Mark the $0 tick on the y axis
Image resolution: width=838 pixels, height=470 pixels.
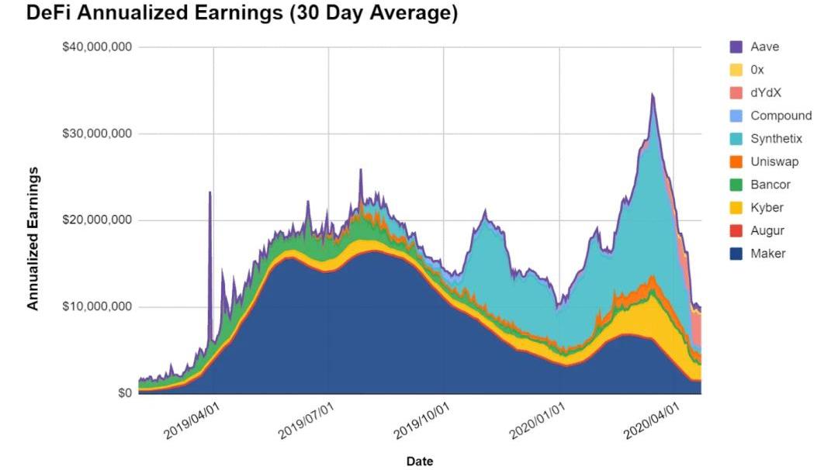tap(124, 393)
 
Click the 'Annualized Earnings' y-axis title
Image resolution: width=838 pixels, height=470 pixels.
tap(33, 237)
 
